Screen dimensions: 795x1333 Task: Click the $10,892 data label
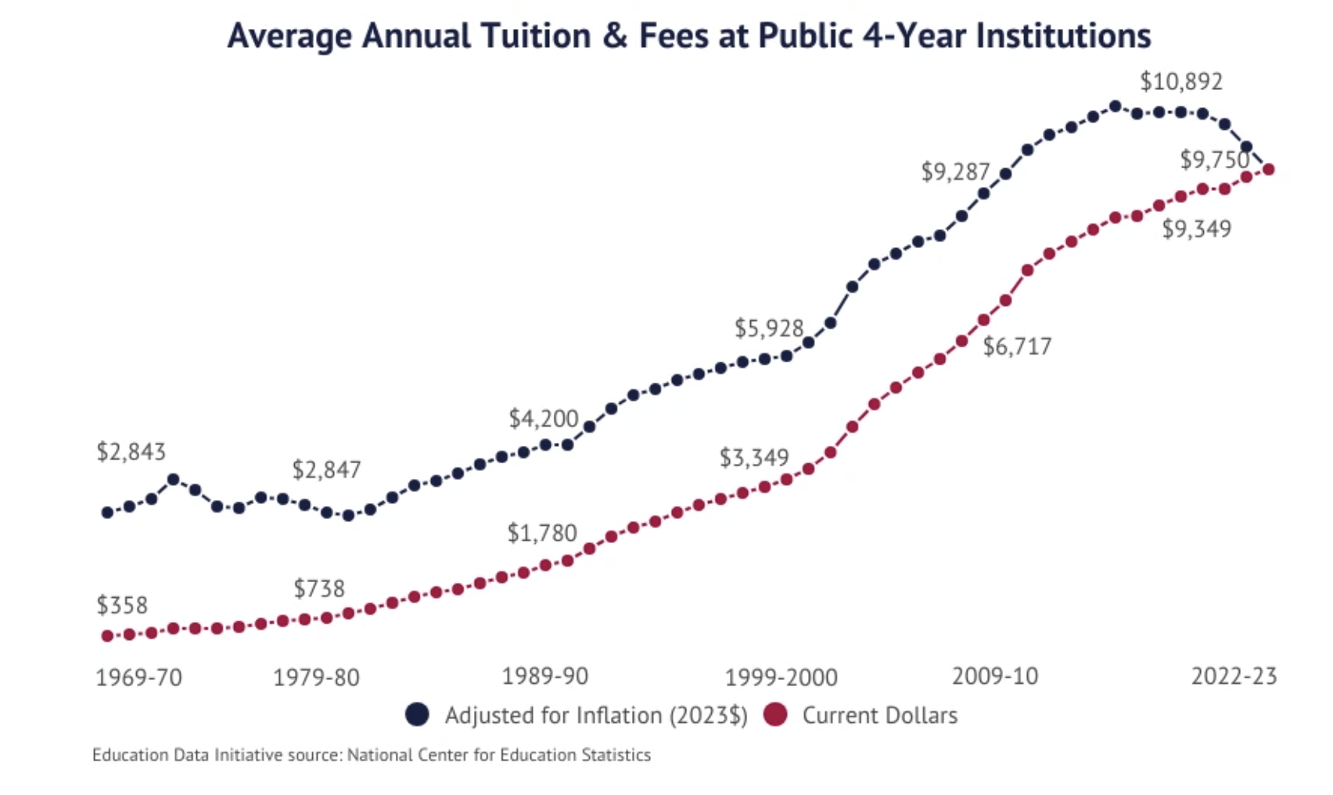(x=1180, y=81)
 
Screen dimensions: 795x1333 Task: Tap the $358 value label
(x=122, y=605)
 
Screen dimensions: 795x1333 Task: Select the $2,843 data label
(x=131, y=451)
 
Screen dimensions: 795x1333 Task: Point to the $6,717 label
(x=1017, y=346)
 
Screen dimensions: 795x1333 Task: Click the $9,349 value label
(x=1196, y=228)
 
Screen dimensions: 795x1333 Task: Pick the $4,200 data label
(x=543, y=419)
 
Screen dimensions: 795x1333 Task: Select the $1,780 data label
(x=541, y=533)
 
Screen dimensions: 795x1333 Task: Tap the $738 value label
(x=318, y=588)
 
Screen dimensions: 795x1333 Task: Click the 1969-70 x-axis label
(x=138, y=677)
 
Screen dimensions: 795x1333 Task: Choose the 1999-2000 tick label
(x=781, y=677)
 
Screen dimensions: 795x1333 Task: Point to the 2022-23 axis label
(x=1234, y=676)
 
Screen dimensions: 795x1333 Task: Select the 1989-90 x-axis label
(x=544, y=676)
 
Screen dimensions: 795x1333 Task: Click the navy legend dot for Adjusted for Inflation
(x=417, y=714)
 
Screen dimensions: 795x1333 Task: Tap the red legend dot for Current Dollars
(x=775, y=714)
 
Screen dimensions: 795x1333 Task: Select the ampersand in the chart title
(x=616, y=36)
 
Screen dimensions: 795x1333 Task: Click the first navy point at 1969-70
(x=107, y=513)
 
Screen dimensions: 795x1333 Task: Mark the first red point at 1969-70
(x=107, y=636)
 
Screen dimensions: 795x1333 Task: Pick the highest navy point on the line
(x=1116, y=106)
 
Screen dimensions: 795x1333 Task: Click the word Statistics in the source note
(x=616, y=755)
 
